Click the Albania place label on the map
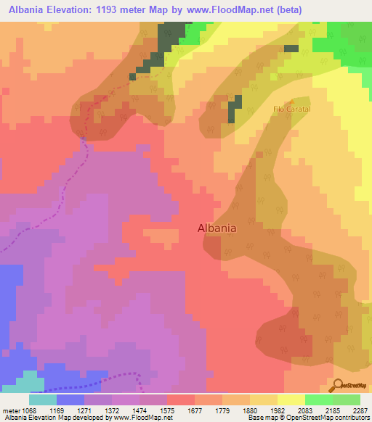[x=217, y=228]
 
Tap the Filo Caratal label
[x=292, y=109]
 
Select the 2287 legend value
[x=361, y=410]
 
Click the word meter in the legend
[x=12, y=410]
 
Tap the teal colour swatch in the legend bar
[x=43, y=399]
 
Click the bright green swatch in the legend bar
[x=318, y=399]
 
